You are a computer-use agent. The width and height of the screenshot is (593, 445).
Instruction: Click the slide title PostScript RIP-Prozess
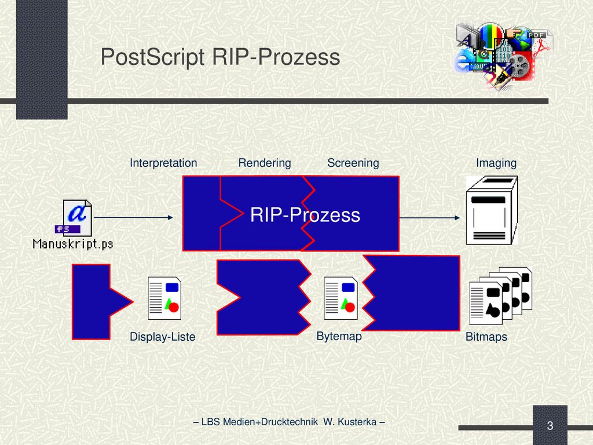[220, 57]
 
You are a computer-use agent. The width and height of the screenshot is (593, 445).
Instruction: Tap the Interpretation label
[163, 163]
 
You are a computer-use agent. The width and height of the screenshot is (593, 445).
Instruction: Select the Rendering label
[264, 163]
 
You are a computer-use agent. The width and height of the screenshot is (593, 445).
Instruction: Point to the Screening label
[353, 163]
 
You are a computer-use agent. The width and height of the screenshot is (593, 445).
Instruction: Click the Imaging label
[496, 163]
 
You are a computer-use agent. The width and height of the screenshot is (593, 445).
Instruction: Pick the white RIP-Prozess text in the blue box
[305, 215]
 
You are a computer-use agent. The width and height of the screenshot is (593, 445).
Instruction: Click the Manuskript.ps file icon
[74, 218]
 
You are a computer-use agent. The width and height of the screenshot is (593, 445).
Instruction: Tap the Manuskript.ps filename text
[73, 244]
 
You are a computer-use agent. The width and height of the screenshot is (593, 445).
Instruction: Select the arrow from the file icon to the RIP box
[133, 218]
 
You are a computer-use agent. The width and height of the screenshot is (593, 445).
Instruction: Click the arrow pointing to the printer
[430, 218]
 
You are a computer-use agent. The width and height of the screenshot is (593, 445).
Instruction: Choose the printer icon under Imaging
[492, 210]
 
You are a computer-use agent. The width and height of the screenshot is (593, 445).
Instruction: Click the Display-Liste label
[163, 337]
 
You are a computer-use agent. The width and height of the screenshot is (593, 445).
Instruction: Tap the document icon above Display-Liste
[164, 298]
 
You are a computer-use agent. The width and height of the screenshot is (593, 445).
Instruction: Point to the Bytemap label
[339, 336]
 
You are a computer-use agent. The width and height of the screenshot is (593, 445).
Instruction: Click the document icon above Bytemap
[341, 298]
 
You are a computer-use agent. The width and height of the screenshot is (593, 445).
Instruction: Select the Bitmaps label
[486, 337]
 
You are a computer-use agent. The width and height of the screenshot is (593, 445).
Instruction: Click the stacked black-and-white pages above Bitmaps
[501, 296]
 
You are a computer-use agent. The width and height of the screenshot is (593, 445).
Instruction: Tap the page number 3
[550, 426]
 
